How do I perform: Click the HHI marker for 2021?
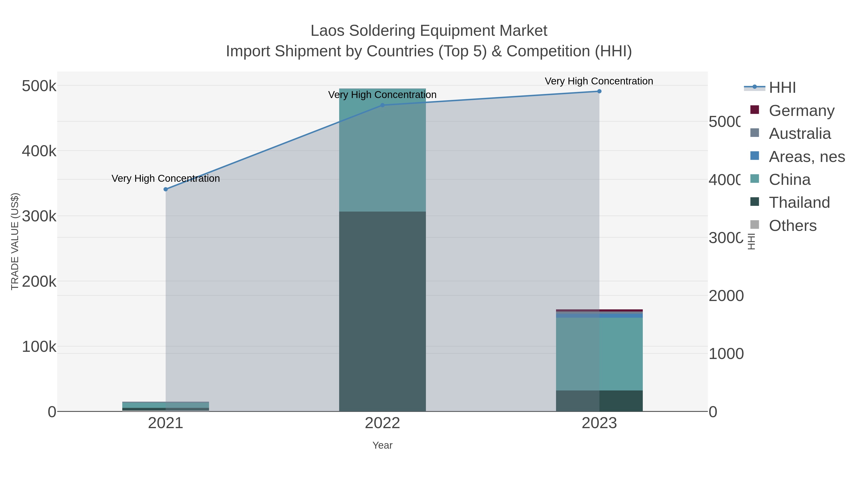pyautogui.click(x=166, y=189)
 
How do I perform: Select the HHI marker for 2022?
pyautogui.click(x=382, y=105)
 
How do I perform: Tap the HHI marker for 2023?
pyautogui.click(x=599, y=91)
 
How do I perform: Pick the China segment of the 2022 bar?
pyautogui.click(x=382, y=150)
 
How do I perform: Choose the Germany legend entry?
pyautogui.click(x=801, y=110)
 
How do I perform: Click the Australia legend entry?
pyautogui.click(x=799, y=133)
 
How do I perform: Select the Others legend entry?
pyautogui.click(x=792, y=226)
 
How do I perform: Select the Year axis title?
pyautogui.click(x=382, y=445)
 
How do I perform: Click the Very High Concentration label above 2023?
pyautogui.click(x=599, y=81)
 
